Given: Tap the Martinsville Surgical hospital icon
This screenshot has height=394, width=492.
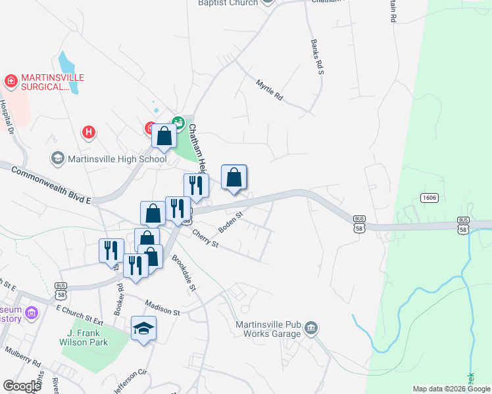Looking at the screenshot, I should tap(10, 81).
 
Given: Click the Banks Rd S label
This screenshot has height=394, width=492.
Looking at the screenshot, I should tap(317, 56).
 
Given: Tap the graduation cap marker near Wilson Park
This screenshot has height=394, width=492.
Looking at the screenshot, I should tap(143, 328).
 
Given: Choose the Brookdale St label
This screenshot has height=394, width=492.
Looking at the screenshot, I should tap(184, 273).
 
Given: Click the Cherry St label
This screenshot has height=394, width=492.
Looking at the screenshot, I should tap(205, 237).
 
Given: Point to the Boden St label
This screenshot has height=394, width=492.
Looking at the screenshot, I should tap(231, 220).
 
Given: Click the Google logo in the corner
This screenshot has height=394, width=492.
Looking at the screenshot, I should tap(22, 386).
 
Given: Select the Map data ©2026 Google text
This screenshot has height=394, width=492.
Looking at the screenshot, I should tap(451, 389).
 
